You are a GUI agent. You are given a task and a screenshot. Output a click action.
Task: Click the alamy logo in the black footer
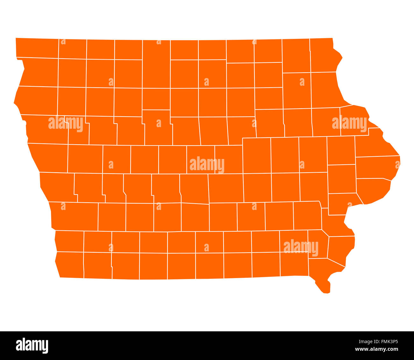point(32,346)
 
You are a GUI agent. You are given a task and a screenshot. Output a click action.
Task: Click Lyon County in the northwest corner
point(37,48)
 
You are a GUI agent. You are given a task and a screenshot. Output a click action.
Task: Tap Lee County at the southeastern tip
point(323,271)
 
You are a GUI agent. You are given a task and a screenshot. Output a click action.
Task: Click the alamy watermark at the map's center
point(207,164)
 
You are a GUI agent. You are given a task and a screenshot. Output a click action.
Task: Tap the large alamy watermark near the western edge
point(66,123)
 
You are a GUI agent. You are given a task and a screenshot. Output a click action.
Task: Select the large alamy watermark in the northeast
point(349,123)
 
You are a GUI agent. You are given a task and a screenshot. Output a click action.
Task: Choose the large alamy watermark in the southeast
point(301,247)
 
